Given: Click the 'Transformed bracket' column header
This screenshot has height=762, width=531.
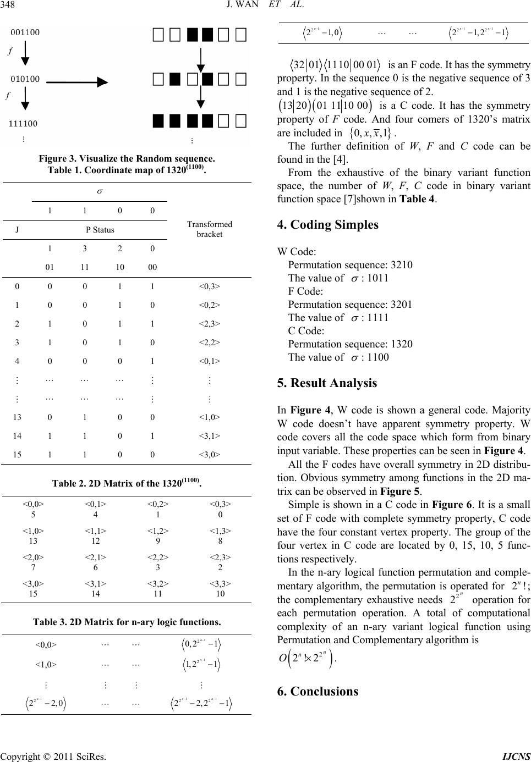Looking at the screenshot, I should [x=209, y=229].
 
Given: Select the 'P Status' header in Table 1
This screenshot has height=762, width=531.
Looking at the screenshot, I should [x=100, y=229].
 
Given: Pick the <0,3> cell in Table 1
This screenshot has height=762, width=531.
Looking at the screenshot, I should [x=209, y=286].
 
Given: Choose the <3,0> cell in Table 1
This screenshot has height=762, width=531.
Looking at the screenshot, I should [x=209, y=454].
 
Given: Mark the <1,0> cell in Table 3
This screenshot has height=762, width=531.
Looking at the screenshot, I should [x=46, y=664].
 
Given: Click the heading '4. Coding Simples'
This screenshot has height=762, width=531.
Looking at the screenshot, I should [x=327, y=224].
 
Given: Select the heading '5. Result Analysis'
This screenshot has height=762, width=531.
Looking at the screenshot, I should [x=327, y=383].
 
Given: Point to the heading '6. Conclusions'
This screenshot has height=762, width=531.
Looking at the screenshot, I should [x=317, y=691].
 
